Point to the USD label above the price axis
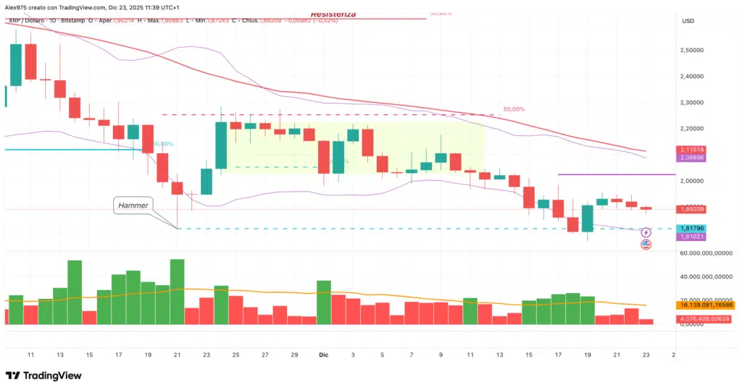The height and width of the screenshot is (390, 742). coord(688,20)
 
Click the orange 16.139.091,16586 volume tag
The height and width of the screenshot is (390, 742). coord(706,305)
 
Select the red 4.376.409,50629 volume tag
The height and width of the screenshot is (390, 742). coord(706,319)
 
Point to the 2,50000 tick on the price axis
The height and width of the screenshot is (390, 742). coord(698,50)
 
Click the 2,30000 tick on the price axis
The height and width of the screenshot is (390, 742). coord(698,103)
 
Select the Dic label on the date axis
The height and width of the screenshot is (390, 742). coord(324,355)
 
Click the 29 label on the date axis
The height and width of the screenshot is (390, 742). coord(294,355)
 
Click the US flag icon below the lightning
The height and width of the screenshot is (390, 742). coord(646,245)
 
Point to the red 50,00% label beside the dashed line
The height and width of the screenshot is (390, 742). coord(513,109)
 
